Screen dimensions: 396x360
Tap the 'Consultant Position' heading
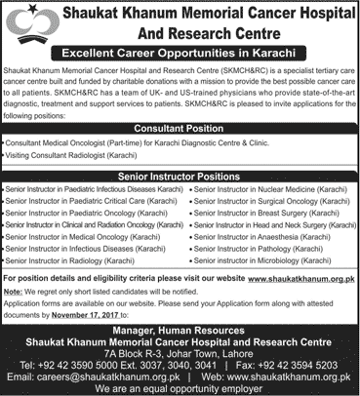(x=180, y=129)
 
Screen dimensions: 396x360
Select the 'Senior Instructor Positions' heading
(x=180, y=175)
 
